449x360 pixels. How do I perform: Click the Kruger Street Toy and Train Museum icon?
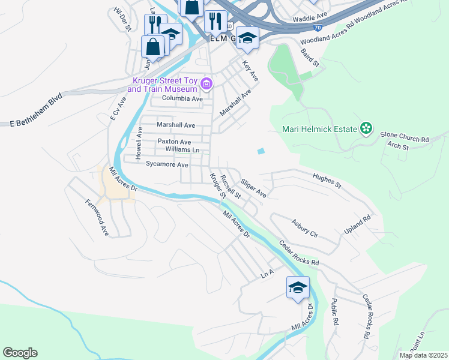click(x=206, y=83)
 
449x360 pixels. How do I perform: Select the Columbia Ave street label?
click(x=180, y=98)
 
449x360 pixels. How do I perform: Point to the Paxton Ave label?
click(x=174, y=142)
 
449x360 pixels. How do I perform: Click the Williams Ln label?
click(x=181, y=149)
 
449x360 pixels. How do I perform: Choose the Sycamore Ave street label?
click(x=167, y=164)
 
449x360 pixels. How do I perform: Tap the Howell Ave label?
click(x=139, y=142)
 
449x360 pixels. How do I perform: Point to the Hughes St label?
click(x=327, y=181)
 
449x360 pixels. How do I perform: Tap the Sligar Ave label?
click(x=253, y=187)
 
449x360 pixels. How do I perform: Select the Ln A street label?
click(x=267, y=273)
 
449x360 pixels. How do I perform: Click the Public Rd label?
click(x=335, y=313)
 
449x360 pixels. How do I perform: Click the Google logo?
click(x=20, y=353)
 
